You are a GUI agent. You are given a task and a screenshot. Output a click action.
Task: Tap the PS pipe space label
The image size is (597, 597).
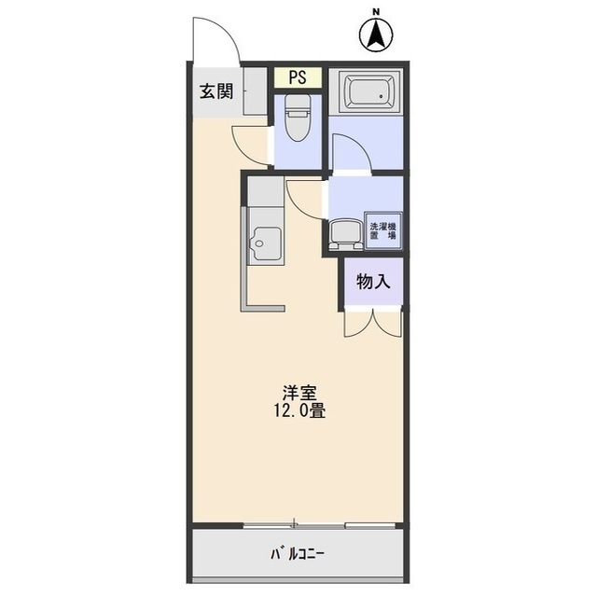pyautogui.click(x=298, y=77)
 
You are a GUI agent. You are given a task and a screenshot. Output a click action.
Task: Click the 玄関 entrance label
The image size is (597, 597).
pyautogui.click(x=216, y=91)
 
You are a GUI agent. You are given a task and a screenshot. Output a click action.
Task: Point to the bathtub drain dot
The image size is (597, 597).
pyautogui.click(x=381, y=96)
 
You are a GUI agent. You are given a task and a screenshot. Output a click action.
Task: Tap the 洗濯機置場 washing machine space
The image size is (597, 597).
pyautogui.click(x=383, y=230)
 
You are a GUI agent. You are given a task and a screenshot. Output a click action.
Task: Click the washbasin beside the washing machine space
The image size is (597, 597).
pyautogui.click(x=345, y=234)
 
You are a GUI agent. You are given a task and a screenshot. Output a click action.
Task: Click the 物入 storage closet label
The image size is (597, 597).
pyautogui.click(x=373, y=282)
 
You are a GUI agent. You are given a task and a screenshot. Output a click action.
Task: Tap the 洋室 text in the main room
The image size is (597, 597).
pyautogui.click(x=299, y=394)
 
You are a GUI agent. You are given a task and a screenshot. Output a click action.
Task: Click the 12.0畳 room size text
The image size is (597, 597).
pyautogui.click(x=299, y=411)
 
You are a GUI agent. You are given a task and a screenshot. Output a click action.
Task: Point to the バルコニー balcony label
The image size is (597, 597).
pyautogui.click(x=298, y=553)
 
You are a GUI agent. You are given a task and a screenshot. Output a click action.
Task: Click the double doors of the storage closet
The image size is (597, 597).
pyautogui.click(x=373, y=324)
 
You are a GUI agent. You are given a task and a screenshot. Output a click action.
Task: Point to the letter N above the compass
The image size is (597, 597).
pyautogui.click(x=376, y=12)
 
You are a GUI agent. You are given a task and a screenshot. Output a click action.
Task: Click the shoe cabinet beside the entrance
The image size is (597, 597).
pyautogui.click(x=255, y=91)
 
